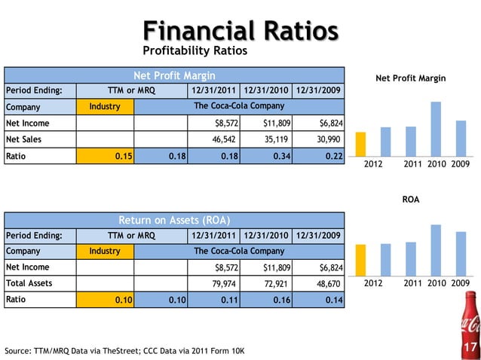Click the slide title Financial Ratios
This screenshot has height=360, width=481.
click(240, 31)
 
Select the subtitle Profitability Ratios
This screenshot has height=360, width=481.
click(195, 52)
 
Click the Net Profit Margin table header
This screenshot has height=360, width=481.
click(174, 75)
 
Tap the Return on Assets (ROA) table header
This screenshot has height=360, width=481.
click(174, 220)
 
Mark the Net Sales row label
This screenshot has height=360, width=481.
click(24, 139)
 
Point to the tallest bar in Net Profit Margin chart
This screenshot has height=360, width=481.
click(436, 128)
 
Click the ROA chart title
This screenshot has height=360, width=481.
click(410, 200)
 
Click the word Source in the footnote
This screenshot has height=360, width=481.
click(18, 351)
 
